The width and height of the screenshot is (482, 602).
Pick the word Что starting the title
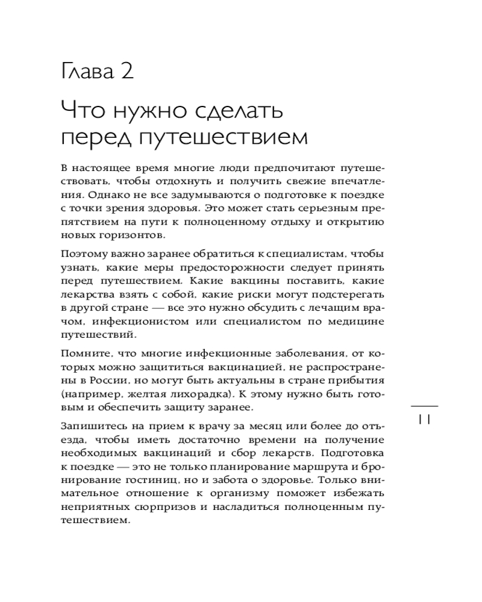pyautogui.click(x=83, y=111)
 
